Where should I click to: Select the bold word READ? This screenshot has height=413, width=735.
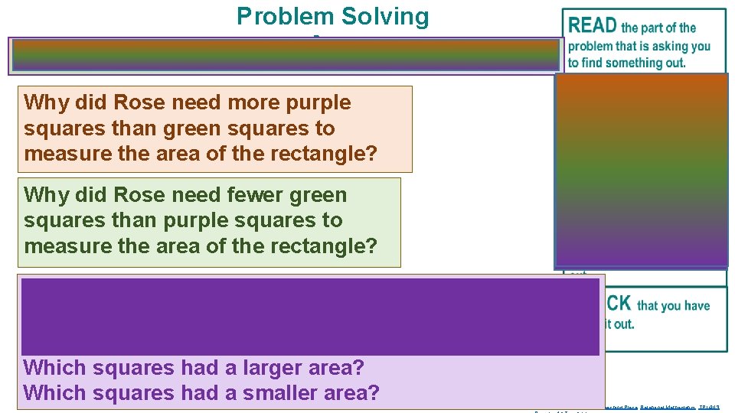[593, 26]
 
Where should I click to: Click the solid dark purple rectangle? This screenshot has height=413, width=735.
[310, 317]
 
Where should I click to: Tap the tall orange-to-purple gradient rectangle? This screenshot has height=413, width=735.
[641, 170]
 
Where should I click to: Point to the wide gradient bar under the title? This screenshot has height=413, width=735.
[286, 56]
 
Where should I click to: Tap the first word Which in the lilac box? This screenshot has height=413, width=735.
[55, 367]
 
